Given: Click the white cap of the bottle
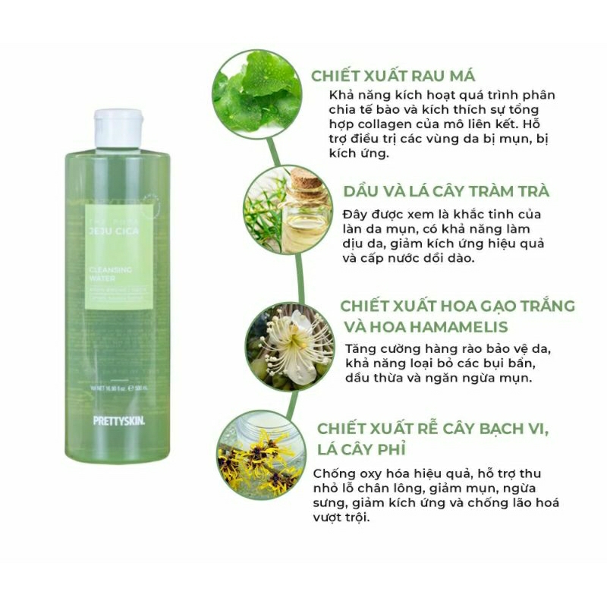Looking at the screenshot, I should point(118,127).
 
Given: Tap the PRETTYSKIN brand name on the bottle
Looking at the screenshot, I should point(118,419).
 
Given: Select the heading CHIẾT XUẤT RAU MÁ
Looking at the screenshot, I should point(393,76).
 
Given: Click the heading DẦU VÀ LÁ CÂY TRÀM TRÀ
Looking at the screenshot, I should point(446,191).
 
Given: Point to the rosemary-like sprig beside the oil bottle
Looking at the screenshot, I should point(263,205).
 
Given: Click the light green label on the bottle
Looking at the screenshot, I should point(118,258).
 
